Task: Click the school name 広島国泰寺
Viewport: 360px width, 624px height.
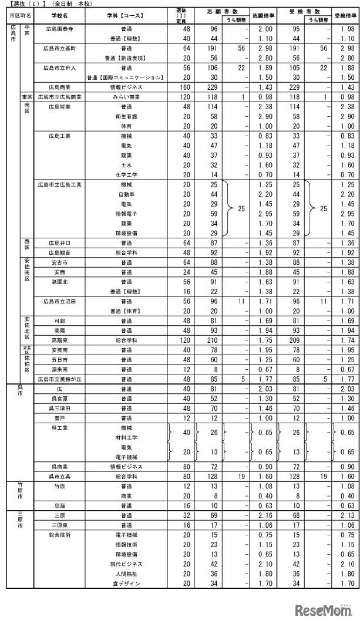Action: pos(59,29)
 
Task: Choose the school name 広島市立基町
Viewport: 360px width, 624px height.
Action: pos(59,48)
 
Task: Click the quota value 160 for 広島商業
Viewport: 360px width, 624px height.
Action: pos(186,87)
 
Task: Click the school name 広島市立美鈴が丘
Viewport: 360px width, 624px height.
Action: pos(59,379)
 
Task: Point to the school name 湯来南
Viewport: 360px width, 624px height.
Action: pos(59,369)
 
